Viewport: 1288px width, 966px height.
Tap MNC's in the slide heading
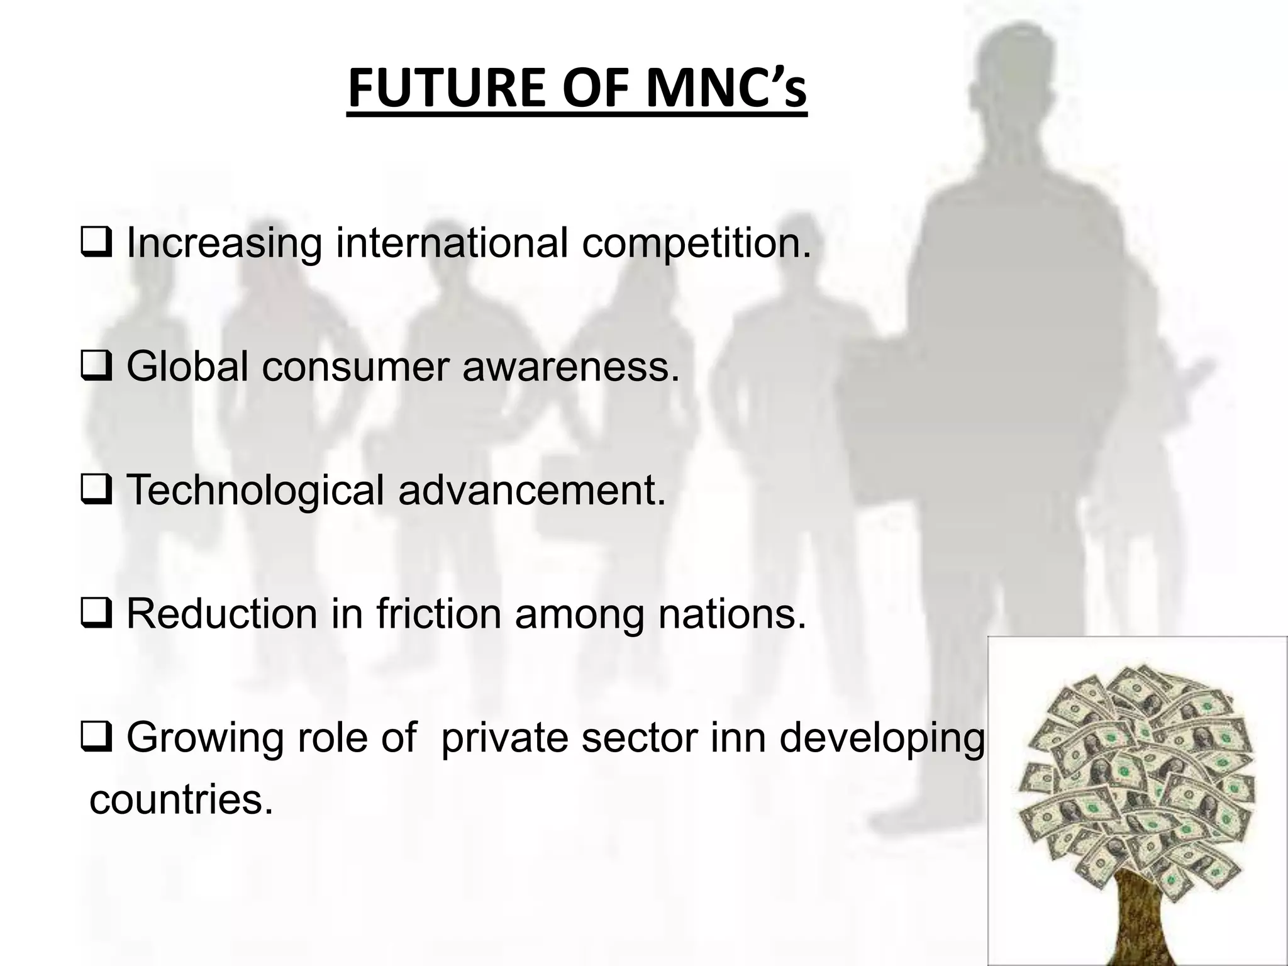(726, 89)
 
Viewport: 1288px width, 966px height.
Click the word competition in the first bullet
(696, 244)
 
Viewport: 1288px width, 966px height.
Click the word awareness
(571, 367)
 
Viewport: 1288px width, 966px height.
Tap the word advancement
(531, 491)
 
